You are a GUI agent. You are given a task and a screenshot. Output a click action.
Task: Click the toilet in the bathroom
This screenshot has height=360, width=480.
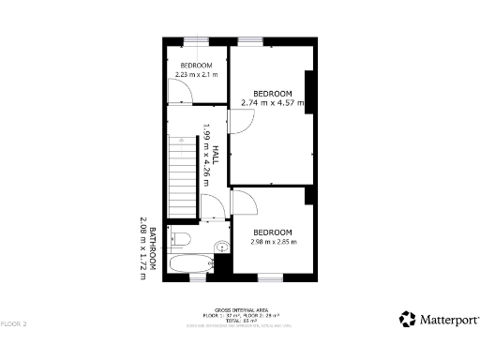(x=181, y=238)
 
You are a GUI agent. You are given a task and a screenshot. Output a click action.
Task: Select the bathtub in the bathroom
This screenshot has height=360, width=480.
(x=193, y=263)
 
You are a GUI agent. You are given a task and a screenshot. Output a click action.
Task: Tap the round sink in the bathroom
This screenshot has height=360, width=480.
(x=221, y=248)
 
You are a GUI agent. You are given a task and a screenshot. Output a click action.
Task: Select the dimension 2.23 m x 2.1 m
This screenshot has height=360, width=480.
(x=196, y=74)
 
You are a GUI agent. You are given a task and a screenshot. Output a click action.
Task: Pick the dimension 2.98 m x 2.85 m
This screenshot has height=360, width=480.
(x=273, y=242)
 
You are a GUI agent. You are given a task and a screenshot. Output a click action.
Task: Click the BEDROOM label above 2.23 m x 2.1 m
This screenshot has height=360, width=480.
(x=196, y=65)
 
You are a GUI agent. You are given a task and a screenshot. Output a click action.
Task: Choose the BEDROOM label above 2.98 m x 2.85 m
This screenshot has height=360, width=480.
(x=273, y=232)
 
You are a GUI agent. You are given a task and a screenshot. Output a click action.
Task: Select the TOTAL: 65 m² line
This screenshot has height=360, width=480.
(x=241, y=319)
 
